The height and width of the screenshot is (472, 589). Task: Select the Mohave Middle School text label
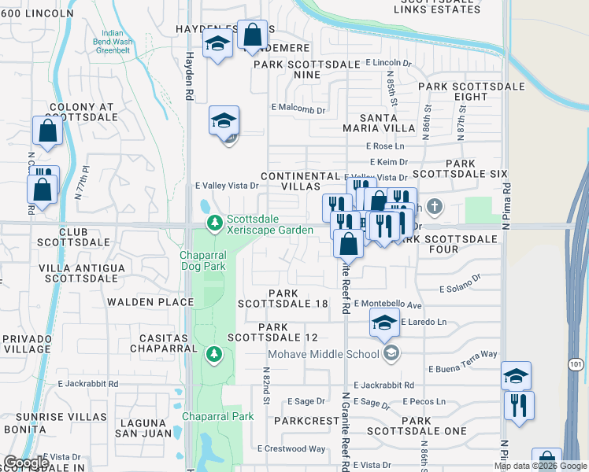point(324,354)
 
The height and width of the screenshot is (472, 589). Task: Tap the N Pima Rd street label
point(508,207)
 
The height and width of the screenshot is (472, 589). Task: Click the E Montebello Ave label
point(388,304)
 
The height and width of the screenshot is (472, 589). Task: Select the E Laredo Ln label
point(424,322)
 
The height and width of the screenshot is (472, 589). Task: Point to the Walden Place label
point(150,302)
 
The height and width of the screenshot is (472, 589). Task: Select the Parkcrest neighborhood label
point(306,421)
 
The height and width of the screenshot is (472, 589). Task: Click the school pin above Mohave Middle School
point(383,323)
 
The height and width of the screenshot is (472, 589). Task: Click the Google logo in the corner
point(25,463)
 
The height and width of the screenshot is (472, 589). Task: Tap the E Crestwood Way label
point(291,449)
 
